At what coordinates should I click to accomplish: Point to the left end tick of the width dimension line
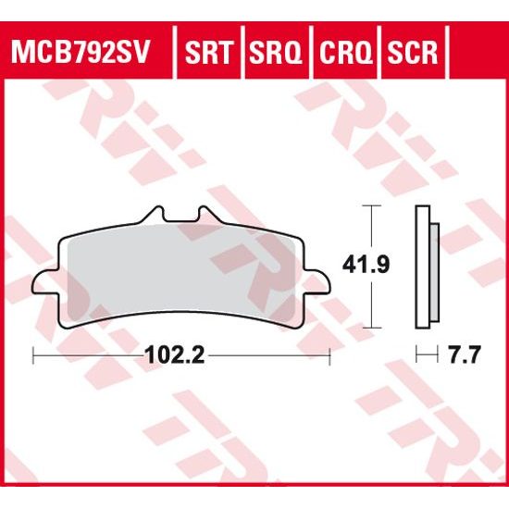[33, 354]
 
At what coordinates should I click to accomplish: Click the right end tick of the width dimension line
[330, 354]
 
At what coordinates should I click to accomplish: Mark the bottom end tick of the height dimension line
[371, 329]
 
